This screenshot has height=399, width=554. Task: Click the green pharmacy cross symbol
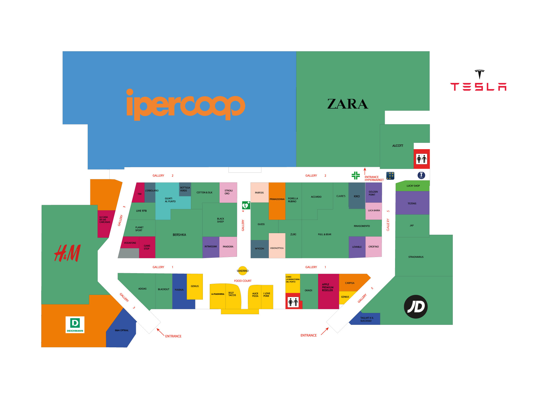coord(356,175)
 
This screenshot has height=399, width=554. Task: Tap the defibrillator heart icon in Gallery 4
coord(246,205)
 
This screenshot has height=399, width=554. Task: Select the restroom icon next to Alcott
coord(422,159)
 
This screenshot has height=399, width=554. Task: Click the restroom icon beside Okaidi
coord(293,302)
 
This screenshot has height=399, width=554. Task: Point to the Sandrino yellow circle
coord(243,271)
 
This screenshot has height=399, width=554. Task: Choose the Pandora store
coord(228,247)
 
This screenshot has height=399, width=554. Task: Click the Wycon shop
coord(260,249)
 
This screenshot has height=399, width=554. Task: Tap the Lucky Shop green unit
coord(413,186)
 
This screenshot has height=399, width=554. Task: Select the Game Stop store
coord(147,247)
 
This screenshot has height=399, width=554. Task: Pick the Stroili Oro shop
coord(228,192)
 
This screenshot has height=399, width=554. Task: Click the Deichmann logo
coord(75,325)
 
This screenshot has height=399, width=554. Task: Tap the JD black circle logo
coord(415,307)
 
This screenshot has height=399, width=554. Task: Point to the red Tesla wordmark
coord(478,87)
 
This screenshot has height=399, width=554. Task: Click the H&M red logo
coord(68,253)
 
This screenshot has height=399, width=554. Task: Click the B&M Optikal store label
coord(122,330)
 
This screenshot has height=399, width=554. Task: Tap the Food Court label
coord(243,281)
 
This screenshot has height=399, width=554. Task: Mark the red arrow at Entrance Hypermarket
coord(365,171)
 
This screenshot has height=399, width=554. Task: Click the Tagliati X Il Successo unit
coord(367,319)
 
